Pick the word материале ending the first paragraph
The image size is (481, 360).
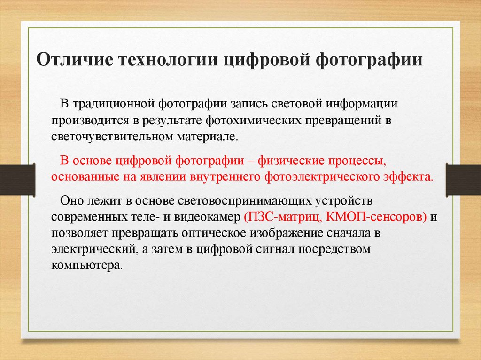(x=207, y=136)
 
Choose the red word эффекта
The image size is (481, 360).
(x=411, y=177)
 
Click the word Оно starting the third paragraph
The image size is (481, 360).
(x=71, y=200)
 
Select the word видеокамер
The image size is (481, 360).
(x=207, y=217)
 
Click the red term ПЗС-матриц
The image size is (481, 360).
(x=282, y=217)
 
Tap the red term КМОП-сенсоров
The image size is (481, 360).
(x=376, y=217)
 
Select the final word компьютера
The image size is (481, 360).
(x=87, y=265)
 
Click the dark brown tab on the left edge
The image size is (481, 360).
(x=17, y=180)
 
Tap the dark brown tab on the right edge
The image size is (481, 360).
(x=463, y=180)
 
